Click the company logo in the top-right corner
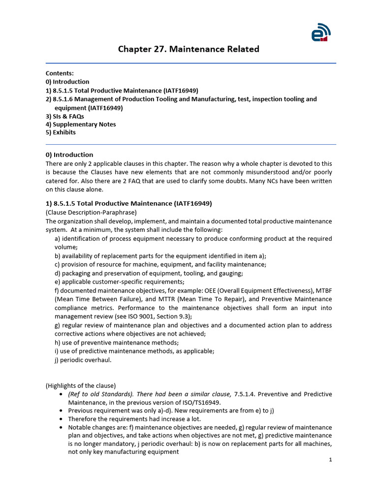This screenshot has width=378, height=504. tap(321, 33)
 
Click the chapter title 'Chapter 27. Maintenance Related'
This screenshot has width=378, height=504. tap(189, 49)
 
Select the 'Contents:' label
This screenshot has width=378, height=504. tap(60, 73)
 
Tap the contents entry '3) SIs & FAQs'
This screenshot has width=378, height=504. tap(64, 116)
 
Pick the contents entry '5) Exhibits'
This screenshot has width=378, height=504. tap(61, 133)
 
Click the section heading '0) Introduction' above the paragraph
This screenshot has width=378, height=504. tap(69, 155)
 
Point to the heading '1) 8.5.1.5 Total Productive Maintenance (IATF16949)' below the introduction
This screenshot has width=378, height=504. tap(128, 203)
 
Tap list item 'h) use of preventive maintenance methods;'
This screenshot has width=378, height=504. tap(117, 343)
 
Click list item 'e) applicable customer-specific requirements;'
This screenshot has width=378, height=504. tap(119, 282)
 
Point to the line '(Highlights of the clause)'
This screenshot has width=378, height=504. tap(81, 385)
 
